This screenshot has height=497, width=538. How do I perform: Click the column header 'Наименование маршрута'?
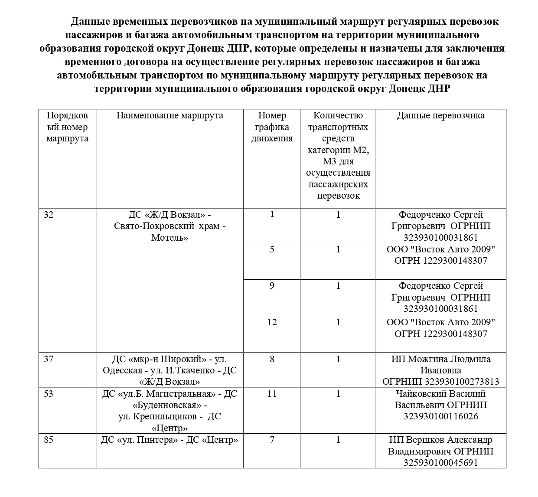pyautogui.click(x=170, y=115)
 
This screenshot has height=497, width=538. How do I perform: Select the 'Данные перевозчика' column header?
pyautogui.click(x=440, y=115)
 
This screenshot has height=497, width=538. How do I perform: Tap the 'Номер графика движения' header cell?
pyautogui.click(x=272, y=127)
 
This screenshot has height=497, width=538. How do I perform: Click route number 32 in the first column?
pyautogui.click(x=49, y=215)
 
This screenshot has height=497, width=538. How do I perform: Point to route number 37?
pyautogui.click(x=49, y=359)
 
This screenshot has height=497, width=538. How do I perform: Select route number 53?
pyautogui.click(x=49, y=394)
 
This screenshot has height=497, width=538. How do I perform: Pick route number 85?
pyautogui.click(x=49, y=440)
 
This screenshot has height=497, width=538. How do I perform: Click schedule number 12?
pyautogui.click(x=272, y=322)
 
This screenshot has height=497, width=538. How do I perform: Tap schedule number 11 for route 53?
pyautogui.click(x=272, y=394)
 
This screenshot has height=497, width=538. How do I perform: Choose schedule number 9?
pyautogui.click(x=272, y=286)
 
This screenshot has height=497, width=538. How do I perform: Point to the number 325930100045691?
pyautogui.click(x=440, y=463)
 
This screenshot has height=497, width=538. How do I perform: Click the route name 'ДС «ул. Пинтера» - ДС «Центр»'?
pyautogui.click(x=170, y=440)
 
